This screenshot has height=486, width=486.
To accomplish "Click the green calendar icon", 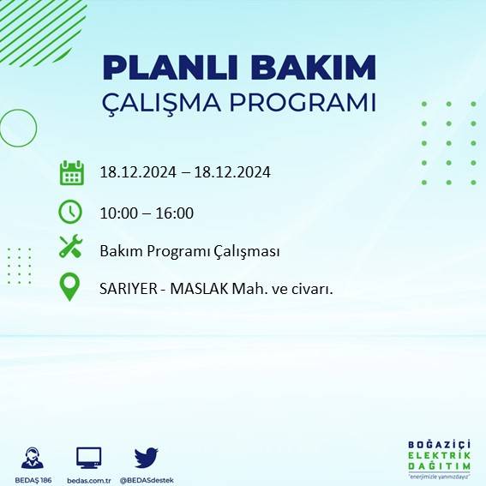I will click(x=70, y=172).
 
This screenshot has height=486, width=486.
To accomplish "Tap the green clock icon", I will click(x=70, y=211).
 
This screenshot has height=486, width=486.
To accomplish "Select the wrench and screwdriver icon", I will click(x=70, y=249).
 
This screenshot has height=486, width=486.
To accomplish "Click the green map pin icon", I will click(x=70, y=287).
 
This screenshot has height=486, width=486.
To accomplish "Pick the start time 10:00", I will click(x=117, y=213).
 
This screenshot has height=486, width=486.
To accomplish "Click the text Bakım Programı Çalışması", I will click(x=189, y=251).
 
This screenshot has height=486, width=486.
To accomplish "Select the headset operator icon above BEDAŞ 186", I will click(x=33, y=457).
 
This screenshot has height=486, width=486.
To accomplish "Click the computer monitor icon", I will click(x=89, y=457).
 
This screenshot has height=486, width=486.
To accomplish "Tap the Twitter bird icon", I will click(x=146, y=456).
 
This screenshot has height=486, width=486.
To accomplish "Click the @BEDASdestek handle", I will click(x=146, y=479).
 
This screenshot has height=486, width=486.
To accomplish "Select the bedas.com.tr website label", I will click(x=89, y=479).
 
